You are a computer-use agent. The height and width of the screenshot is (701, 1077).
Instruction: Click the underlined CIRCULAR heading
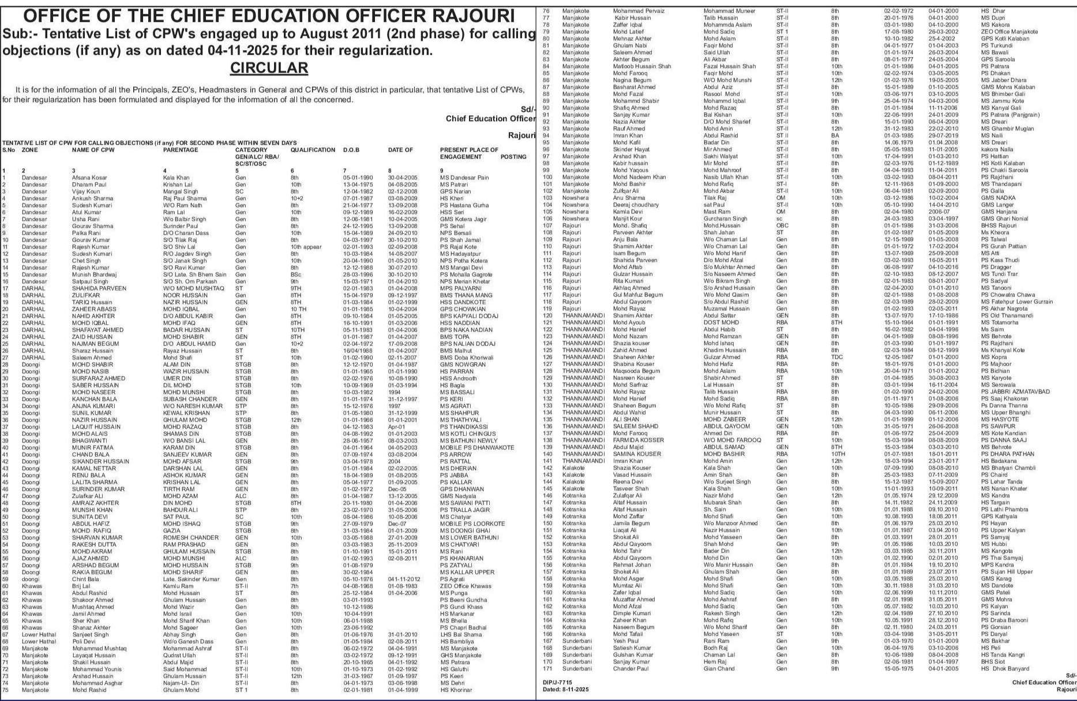(x=269, y=68)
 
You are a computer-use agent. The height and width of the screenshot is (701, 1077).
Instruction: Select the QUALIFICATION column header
(x=313, y=149)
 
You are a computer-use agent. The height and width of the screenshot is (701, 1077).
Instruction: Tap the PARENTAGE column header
(x=181, y=149)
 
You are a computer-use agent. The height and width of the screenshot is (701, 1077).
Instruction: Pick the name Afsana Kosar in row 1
(x=89, y=178)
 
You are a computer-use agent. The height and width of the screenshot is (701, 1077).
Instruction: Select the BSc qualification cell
(x=295, y=275)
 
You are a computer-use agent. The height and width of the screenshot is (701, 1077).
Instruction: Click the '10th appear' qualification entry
(x=306, y=247)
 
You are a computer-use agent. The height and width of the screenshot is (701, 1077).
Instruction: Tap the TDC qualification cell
(x=836, y=357)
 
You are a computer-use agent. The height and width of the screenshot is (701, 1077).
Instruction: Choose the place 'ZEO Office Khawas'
(x=466, y=586)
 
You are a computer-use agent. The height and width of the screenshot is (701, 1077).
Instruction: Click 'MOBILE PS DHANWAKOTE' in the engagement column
(x=476, y=448)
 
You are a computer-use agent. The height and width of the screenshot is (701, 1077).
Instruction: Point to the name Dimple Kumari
(x=632, y=613)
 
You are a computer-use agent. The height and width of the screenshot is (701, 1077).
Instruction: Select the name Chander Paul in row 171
(x=631, y=669)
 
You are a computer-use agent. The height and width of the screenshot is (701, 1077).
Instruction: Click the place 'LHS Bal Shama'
(x=460, y=635)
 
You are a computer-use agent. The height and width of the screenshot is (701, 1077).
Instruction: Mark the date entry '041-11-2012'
(x=404, y=579)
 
